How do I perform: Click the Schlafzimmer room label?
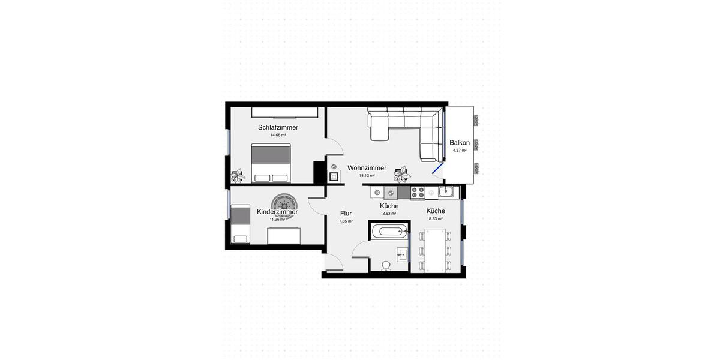coord(278,128)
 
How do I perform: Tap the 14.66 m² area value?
coord(278,136)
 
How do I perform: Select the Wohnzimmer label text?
coord(367,168)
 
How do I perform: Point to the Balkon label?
coord(460,143)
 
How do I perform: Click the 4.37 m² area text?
coord(460,151)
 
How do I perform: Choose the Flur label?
coord(346,214)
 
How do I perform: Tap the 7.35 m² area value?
coord(346,221)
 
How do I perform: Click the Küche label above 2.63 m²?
coord(389,206)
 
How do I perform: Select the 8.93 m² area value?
coord(436,218)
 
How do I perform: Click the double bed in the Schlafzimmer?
coord(271,163)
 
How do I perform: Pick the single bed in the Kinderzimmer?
coord(241,224)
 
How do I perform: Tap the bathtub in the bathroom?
coord(390,232)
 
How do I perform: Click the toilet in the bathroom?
coord(386,266)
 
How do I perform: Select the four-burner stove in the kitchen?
coord(418,193)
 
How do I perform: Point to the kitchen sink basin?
coord(445,192)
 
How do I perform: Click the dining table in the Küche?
coord(435,251)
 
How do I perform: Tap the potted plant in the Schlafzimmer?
coord(238,176)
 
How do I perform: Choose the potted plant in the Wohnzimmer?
coord(402,175)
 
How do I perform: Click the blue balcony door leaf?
coord(438,169)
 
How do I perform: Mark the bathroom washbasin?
coord(402,254)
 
